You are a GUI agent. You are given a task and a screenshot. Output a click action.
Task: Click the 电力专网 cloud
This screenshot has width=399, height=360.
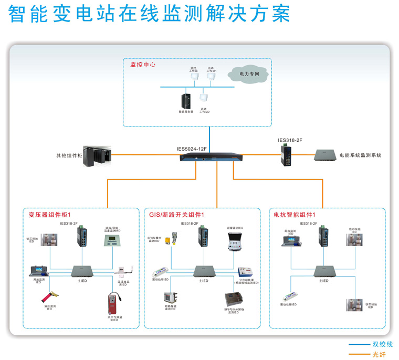click(x=249, y=75)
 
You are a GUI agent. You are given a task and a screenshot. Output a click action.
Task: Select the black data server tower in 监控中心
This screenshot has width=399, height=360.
click(x=185, y=101)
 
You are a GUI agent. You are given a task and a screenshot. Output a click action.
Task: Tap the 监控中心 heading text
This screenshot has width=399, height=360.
click(x=143, y=65)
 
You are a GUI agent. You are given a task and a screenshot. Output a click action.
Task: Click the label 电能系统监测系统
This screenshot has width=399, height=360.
click(x=360, y=155)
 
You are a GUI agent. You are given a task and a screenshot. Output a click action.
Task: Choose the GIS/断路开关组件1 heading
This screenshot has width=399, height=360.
click(x=176, y=215)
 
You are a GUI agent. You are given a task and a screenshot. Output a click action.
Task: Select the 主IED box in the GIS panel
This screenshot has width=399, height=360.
click(x=203, y=271)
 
